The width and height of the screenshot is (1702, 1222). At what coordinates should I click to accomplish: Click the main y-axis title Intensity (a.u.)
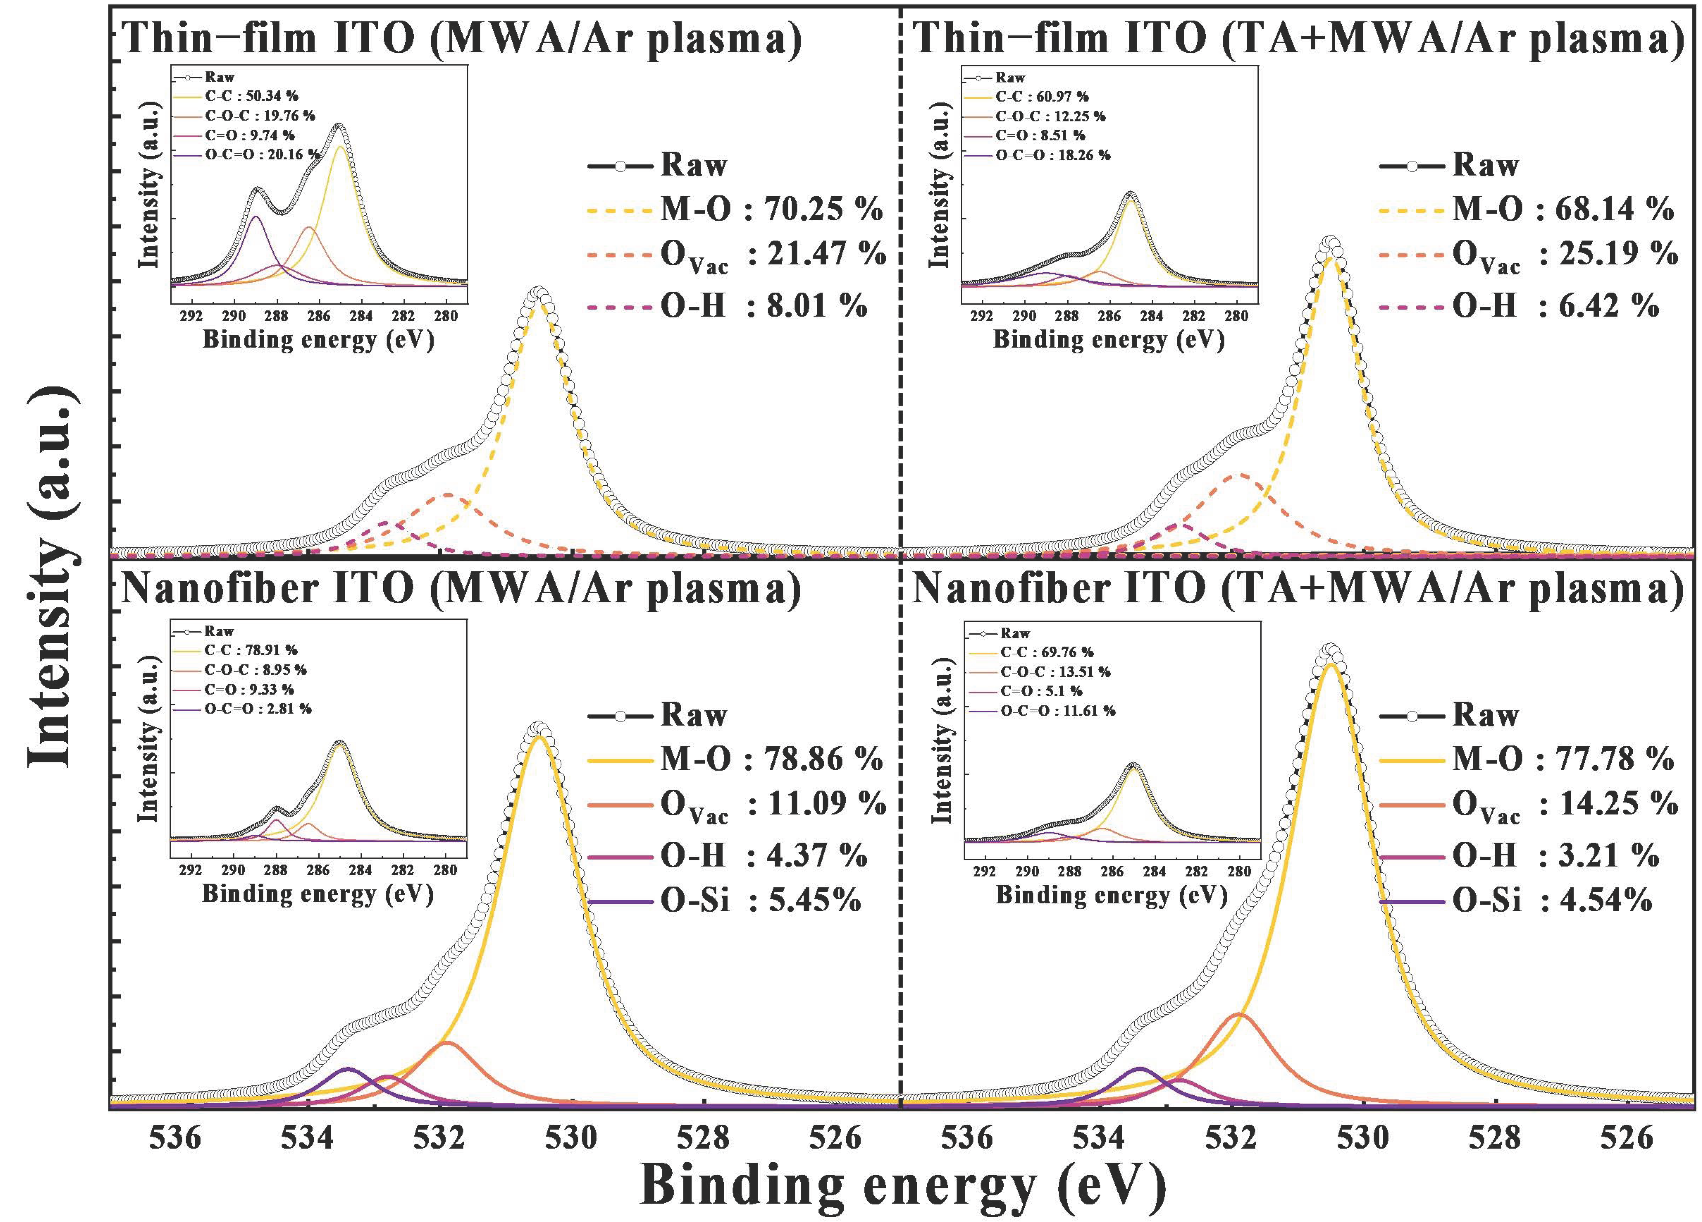(51, 578)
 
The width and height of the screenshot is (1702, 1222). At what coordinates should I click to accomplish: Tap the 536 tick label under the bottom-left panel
(175, 1138)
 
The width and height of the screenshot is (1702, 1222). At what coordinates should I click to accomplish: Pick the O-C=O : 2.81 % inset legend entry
(257, 708)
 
